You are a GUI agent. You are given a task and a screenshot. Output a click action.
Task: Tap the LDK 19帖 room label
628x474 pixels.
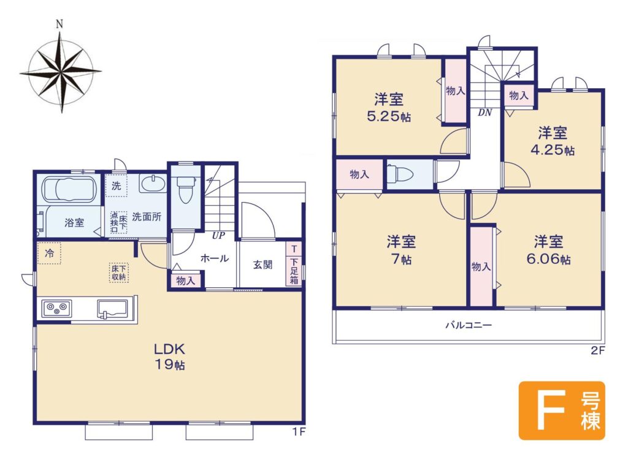(x=170, y=356)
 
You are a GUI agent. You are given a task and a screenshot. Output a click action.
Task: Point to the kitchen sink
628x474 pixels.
(x=112, y=309)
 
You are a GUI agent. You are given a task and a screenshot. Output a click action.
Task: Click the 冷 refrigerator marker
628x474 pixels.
(x=49, y=253)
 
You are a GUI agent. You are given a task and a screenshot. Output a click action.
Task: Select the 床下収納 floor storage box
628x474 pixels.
(x=118, y=273)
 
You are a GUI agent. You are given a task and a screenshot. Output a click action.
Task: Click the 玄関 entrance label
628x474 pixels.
(x=262, y=265)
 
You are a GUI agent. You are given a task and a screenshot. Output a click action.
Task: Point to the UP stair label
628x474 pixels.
(x=218, y=236)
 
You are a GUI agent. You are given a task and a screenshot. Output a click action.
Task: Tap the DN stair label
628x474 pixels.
(x=484, y=113)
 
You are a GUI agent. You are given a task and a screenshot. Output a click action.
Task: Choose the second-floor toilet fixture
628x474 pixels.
(x=400, y=174)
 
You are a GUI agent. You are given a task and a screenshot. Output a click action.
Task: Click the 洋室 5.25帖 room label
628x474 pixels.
(x=388, y=107)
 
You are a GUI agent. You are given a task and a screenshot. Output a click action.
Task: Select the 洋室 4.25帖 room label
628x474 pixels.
(x=553, y=141)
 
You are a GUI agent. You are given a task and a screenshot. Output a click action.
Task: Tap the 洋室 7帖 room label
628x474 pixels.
(x=401, y=250)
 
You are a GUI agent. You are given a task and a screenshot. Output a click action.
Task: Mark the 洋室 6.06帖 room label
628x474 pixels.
(x=548, y=250)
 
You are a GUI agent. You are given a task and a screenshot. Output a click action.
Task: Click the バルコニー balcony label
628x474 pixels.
(x=469, y=325)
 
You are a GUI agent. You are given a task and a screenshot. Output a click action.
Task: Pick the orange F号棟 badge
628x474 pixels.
(x=562, y=410)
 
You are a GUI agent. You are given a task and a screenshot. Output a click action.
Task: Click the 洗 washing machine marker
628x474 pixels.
(x=116, y=186)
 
